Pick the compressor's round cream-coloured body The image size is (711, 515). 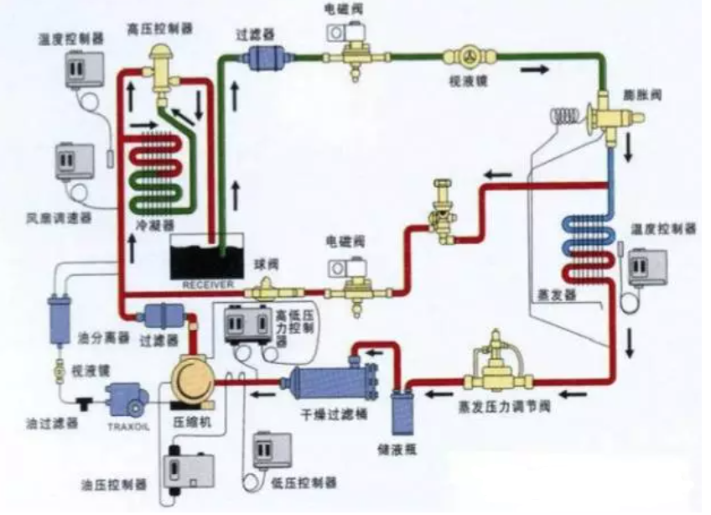click(x=193, y=382)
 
